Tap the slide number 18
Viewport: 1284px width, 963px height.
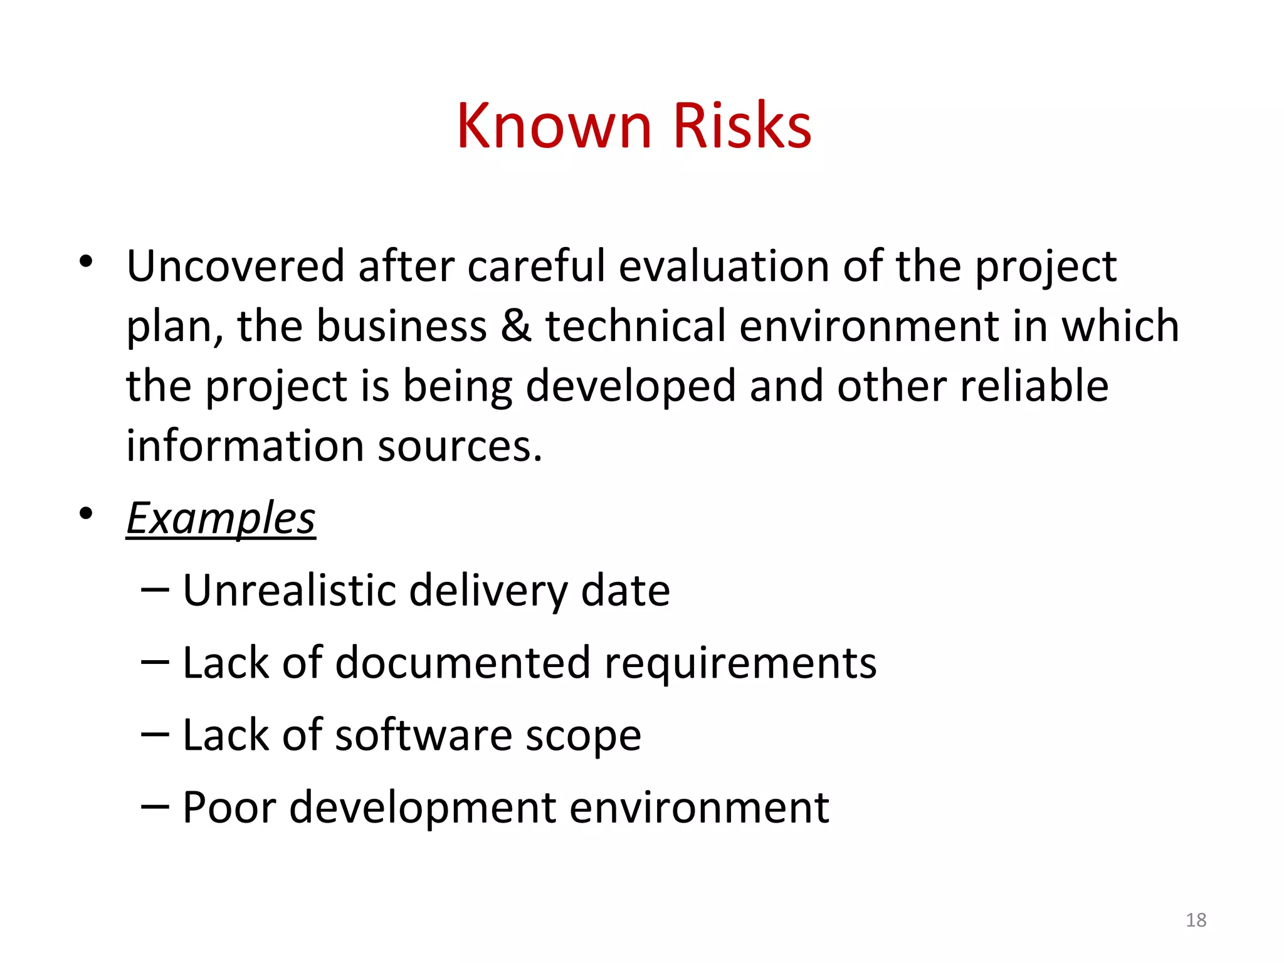[1196, 920]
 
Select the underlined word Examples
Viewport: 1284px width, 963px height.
[221, 518]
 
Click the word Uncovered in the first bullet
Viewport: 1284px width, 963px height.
[235, 266]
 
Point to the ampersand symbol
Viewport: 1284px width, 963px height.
[516, 326]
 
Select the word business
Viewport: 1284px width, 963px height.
[401, 326]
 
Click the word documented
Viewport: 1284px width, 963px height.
[463, 663]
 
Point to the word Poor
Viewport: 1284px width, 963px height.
[229, 807]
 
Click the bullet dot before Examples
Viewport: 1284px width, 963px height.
[87, 513]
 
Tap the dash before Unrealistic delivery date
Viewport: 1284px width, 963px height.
[155, 589]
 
